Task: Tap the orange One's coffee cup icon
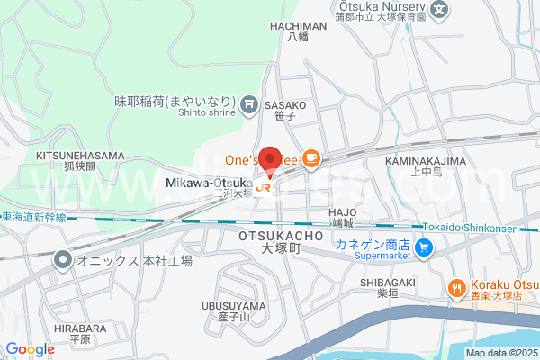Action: coord(310,159)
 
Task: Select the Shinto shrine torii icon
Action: coord(249,105)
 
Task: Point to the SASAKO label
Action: coord(285,105)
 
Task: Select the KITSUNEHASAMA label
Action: coord(80,155)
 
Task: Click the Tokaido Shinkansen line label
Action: coord(480,227)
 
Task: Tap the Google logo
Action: coord(31,349)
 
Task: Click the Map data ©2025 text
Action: coord(500,352)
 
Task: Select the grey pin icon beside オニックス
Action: coord(62,261)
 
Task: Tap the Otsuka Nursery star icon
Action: coord(438,11)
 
